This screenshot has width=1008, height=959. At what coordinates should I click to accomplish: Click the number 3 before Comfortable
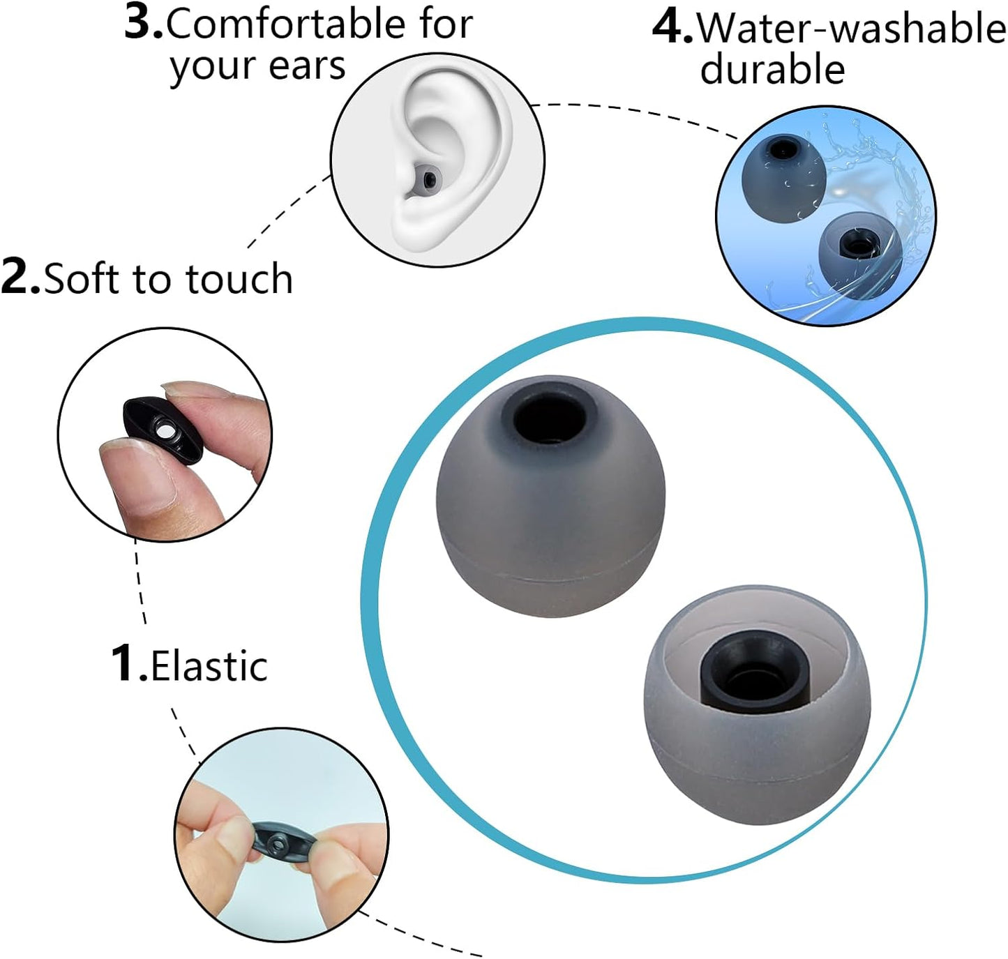point(143,22)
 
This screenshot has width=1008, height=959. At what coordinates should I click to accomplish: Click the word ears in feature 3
point(308,67)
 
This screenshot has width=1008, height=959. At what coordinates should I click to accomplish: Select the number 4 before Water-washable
point(671,28)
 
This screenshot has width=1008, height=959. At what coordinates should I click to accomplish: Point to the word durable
point(772,70)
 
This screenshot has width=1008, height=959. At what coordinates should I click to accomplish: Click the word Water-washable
point(851,29)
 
